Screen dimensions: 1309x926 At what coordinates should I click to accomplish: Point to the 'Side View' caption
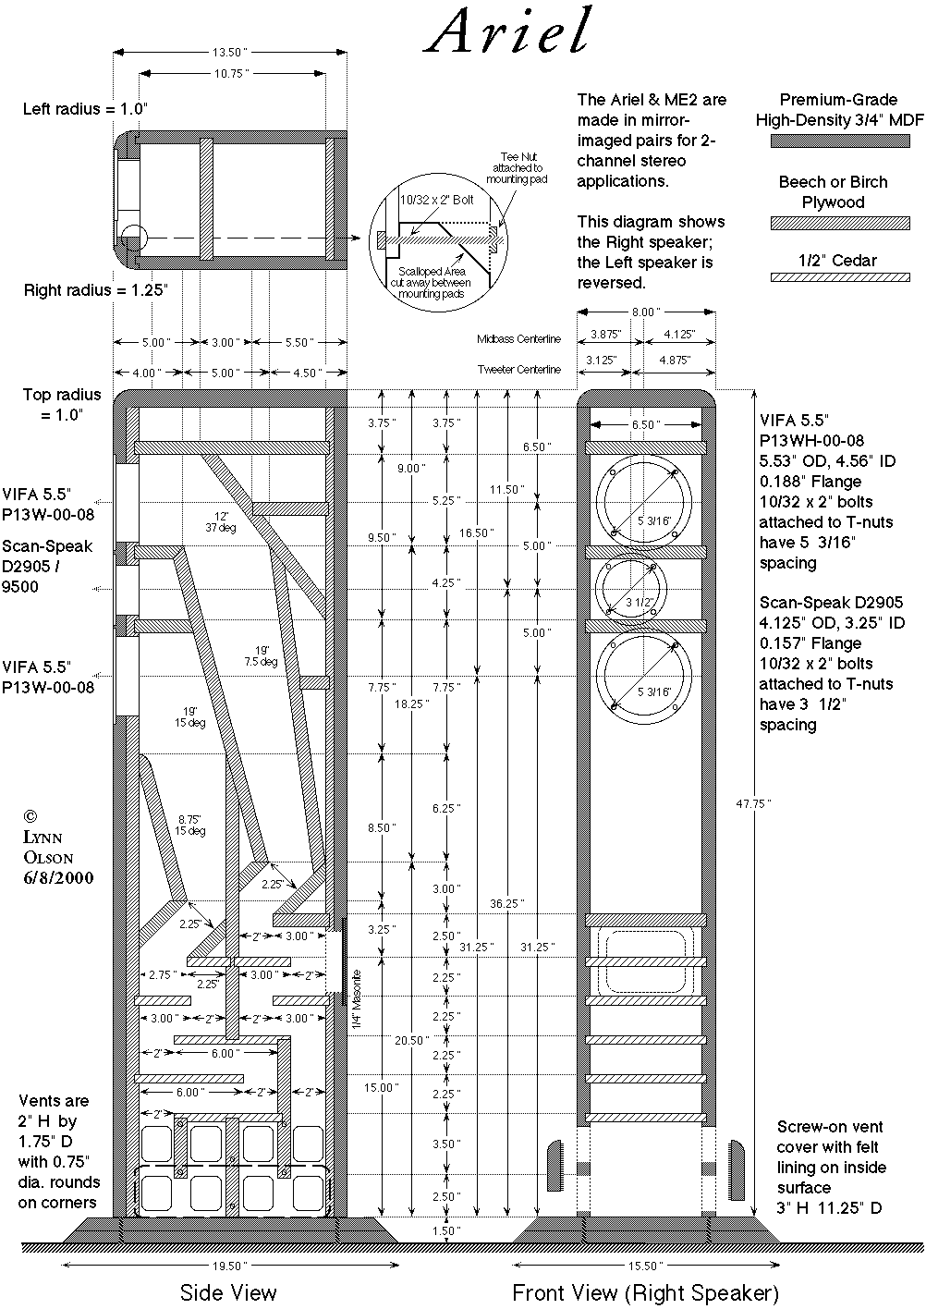click(x=227, y=1291)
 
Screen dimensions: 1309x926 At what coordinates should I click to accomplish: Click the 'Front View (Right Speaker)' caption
click(x=645, y=1291)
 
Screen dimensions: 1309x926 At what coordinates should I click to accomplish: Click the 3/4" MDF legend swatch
click(x=839, y=141)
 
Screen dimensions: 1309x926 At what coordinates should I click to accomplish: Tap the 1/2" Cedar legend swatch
click(x=839, y=277)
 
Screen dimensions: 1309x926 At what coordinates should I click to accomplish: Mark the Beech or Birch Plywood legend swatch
click(x=839, y=223)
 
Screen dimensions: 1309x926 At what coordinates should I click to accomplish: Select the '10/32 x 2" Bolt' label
click(x=435, y=199)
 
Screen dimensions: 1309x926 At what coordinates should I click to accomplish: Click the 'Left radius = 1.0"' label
click(x=85, y=108)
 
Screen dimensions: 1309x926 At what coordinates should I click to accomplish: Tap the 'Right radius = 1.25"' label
click(x=96, y=289)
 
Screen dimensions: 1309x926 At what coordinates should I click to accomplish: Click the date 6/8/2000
click(x=59, y=877)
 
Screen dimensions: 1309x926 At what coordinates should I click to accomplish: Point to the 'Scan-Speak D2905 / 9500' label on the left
click(x=47, y=566)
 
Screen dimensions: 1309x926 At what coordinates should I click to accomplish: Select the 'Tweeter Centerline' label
click(x=518, y=370)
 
